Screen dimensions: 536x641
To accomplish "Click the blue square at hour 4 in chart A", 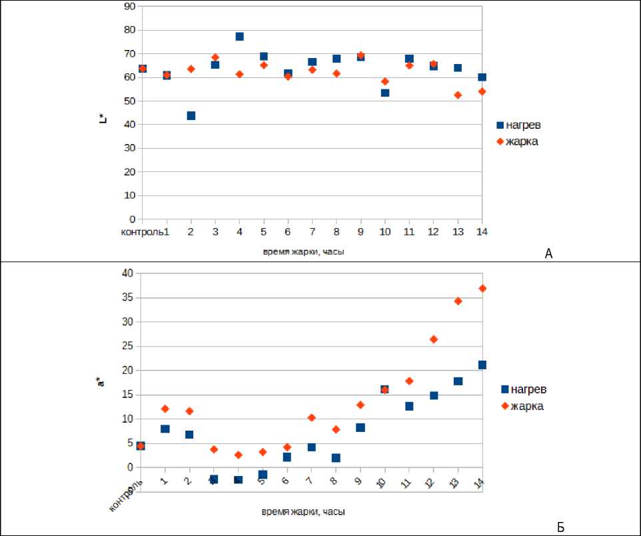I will pos(239,37).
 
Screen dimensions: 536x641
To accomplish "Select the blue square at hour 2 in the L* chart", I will pos(191,115).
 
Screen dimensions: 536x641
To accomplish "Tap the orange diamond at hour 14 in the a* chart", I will pos(482,288).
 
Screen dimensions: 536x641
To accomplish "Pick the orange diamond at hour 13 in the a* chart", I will pos(458,301).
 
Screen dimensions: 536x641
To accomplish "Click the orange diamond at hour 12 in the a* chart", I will pos(434,339).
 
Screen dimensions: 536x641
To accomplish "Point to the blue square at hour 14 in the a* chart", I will pos(482,365).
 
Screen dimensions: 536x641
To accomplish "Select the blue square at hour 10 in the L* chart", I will pos(385,93).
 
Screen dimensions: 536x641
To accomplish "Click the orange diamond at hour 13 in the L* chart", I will pos(458,95).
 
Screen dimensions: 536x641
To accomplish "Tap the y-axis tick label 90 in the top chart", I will pos(129,7).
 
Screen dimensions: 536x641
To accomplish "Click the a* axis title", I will pos(101,381).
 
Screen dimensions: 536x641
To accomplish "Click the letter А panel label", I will pos(549,253).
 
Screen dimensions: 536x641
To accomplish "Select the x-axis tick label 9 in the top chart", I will pos(360,231).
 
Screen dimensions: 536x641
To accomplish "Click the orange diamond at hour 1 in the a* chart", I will pos(165,409).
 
